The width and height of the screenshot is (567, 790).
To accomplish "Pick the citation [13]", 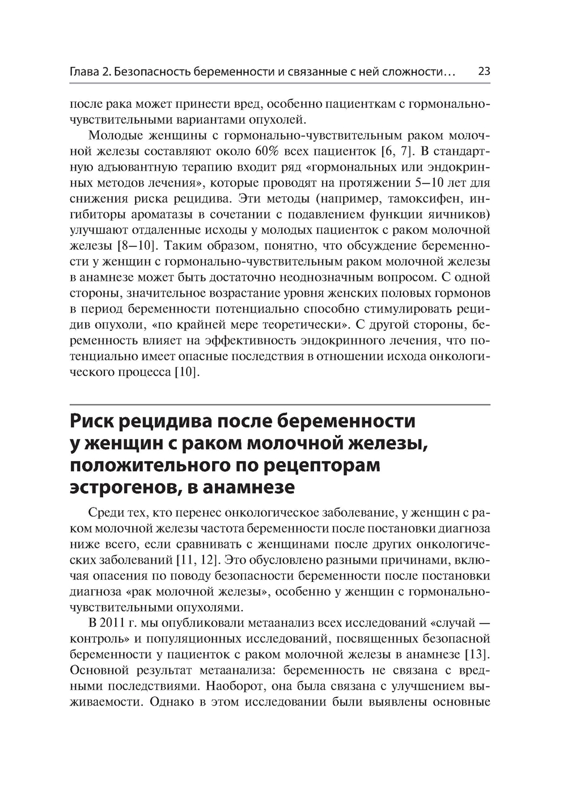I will click(x=477, y=655).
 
